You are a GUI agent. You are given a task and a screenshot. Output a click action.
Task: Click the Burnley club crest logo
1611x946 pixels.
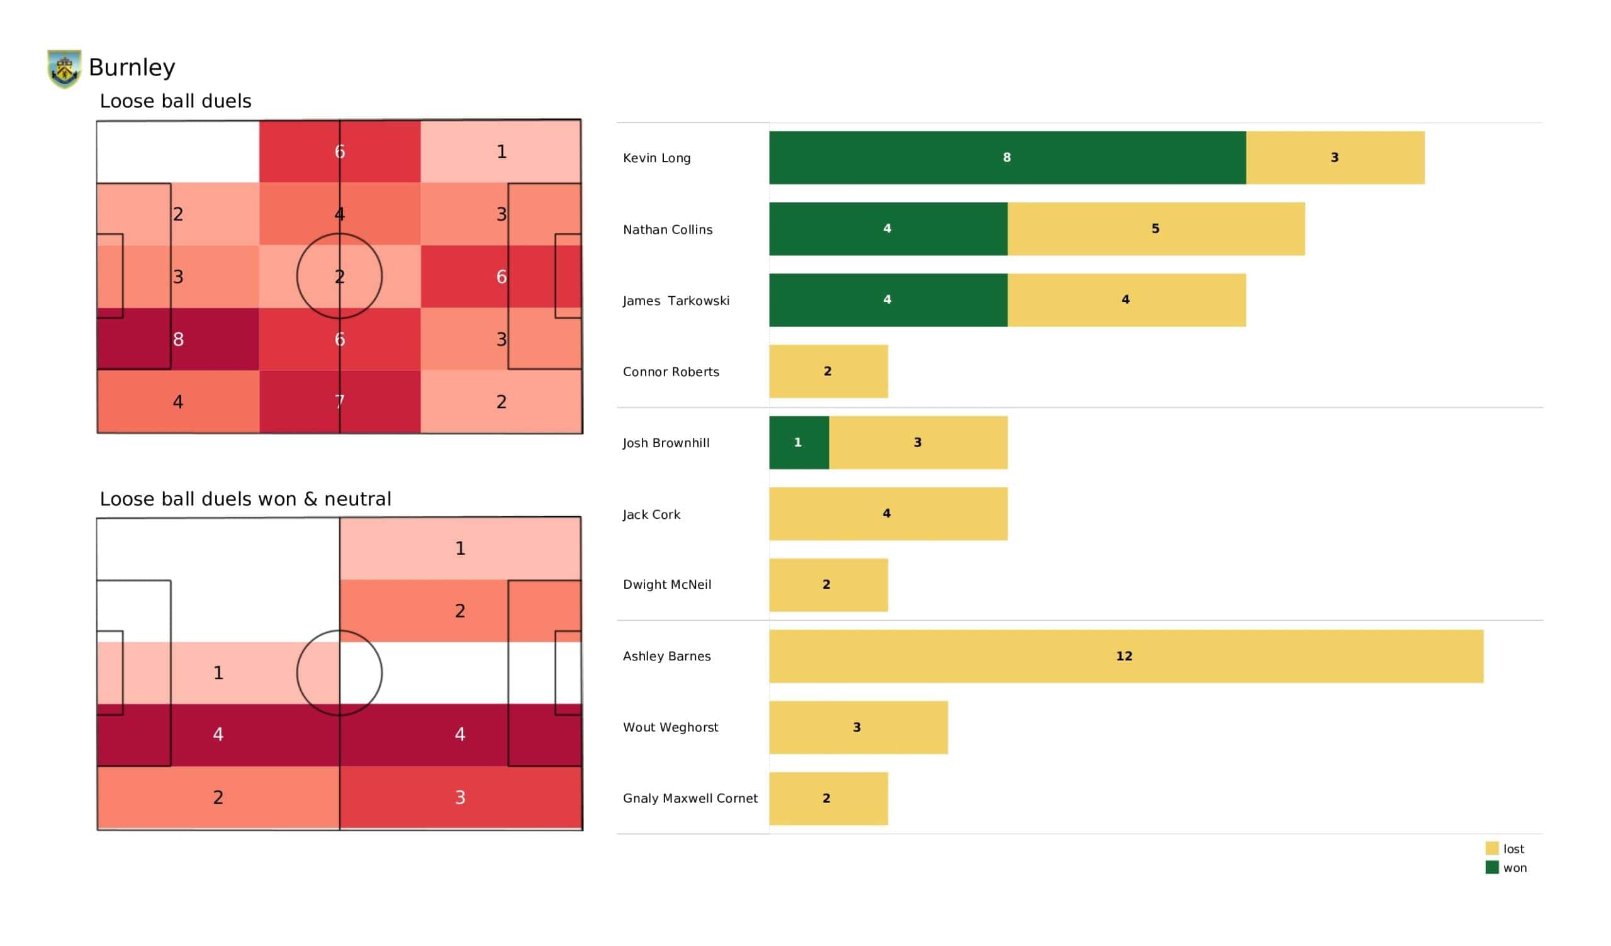coord(64,69)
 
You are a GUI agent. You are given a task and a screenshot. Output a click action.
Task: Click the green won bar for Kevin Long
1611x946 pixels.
coord(1007,158)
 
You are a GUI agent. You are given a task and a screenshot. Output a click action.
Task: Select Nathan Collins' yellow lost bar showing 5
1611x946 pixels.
coord(1155,229)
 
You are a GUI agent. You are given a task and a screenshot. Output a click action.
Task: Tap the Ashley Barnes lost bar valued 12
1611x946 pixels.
coord(1125,657)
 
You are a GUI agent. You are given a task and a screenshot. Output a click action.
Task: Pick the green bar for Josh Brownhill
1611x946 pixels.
coord(799,442)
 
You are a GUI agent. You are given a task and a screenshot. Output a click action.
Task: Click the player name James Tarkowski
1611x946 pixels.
coord(676,301)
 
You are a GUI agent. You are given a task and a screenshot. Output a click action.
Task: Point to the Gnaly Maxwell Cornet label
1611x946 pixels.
coord(690,798)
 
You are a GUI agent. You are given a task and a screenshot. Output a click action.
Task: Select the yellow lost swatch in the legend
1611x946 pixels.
coord(1491,849)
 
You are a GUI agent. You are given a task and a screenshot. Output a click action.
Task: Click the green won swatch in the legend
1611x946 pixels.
coord(1491,867)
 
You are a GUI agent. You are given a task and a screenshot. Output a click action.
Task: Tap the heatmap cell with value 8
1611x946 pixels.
coord(177,340)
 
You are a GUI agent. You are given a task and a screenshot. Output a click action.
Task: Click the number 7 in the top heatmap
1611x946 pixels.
coord(339,402)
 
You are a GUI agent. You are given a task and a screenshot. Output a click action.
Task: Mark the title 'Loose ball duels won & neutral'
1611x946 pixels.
coord(245,499)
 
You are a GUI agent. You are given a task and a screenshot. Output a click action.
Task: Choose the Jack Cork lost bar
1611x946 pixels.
coord(888,514)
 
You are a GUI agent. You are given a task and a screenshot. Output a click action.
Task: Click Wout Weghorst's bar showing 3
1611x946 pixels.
coord(858,727)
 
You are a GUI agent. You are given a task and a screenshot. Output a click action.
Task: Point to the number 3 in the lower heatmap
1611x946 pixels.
coord(459,797)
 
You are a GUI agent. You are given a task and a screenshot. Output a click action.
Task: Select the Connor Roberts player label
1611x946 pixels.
coord(671,371)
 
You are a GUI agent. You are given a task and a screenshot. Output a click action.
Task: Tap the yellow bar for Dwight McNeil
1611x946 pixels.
coord(828,585)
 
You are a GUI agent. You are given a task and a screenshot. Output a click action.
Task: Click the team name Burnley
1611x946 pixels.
coord(132,67)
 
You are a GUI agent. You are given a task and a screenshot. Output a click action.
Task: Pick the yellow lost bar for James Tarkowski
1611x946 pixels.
coord(1126,301)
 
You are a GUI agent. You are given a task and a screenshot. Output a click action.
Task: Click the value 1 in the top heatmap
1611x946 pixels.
coord(501,152)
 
